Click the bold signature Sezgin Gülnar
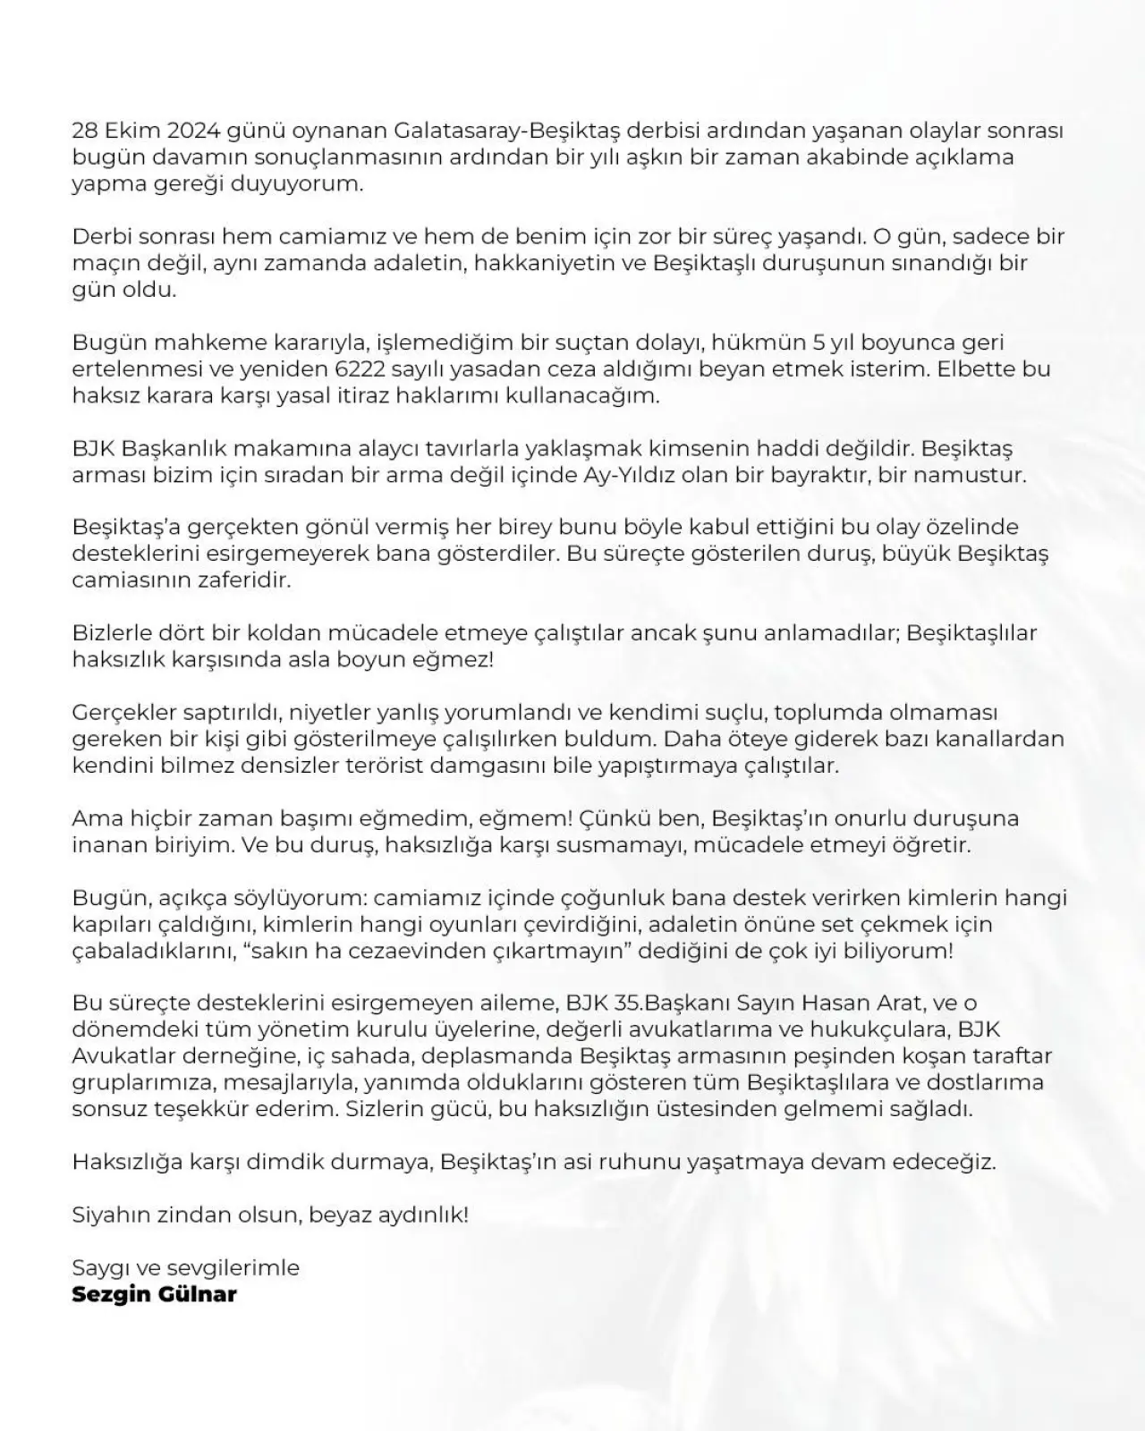coord(154,1294)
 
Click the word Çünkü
coord(616,818)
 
